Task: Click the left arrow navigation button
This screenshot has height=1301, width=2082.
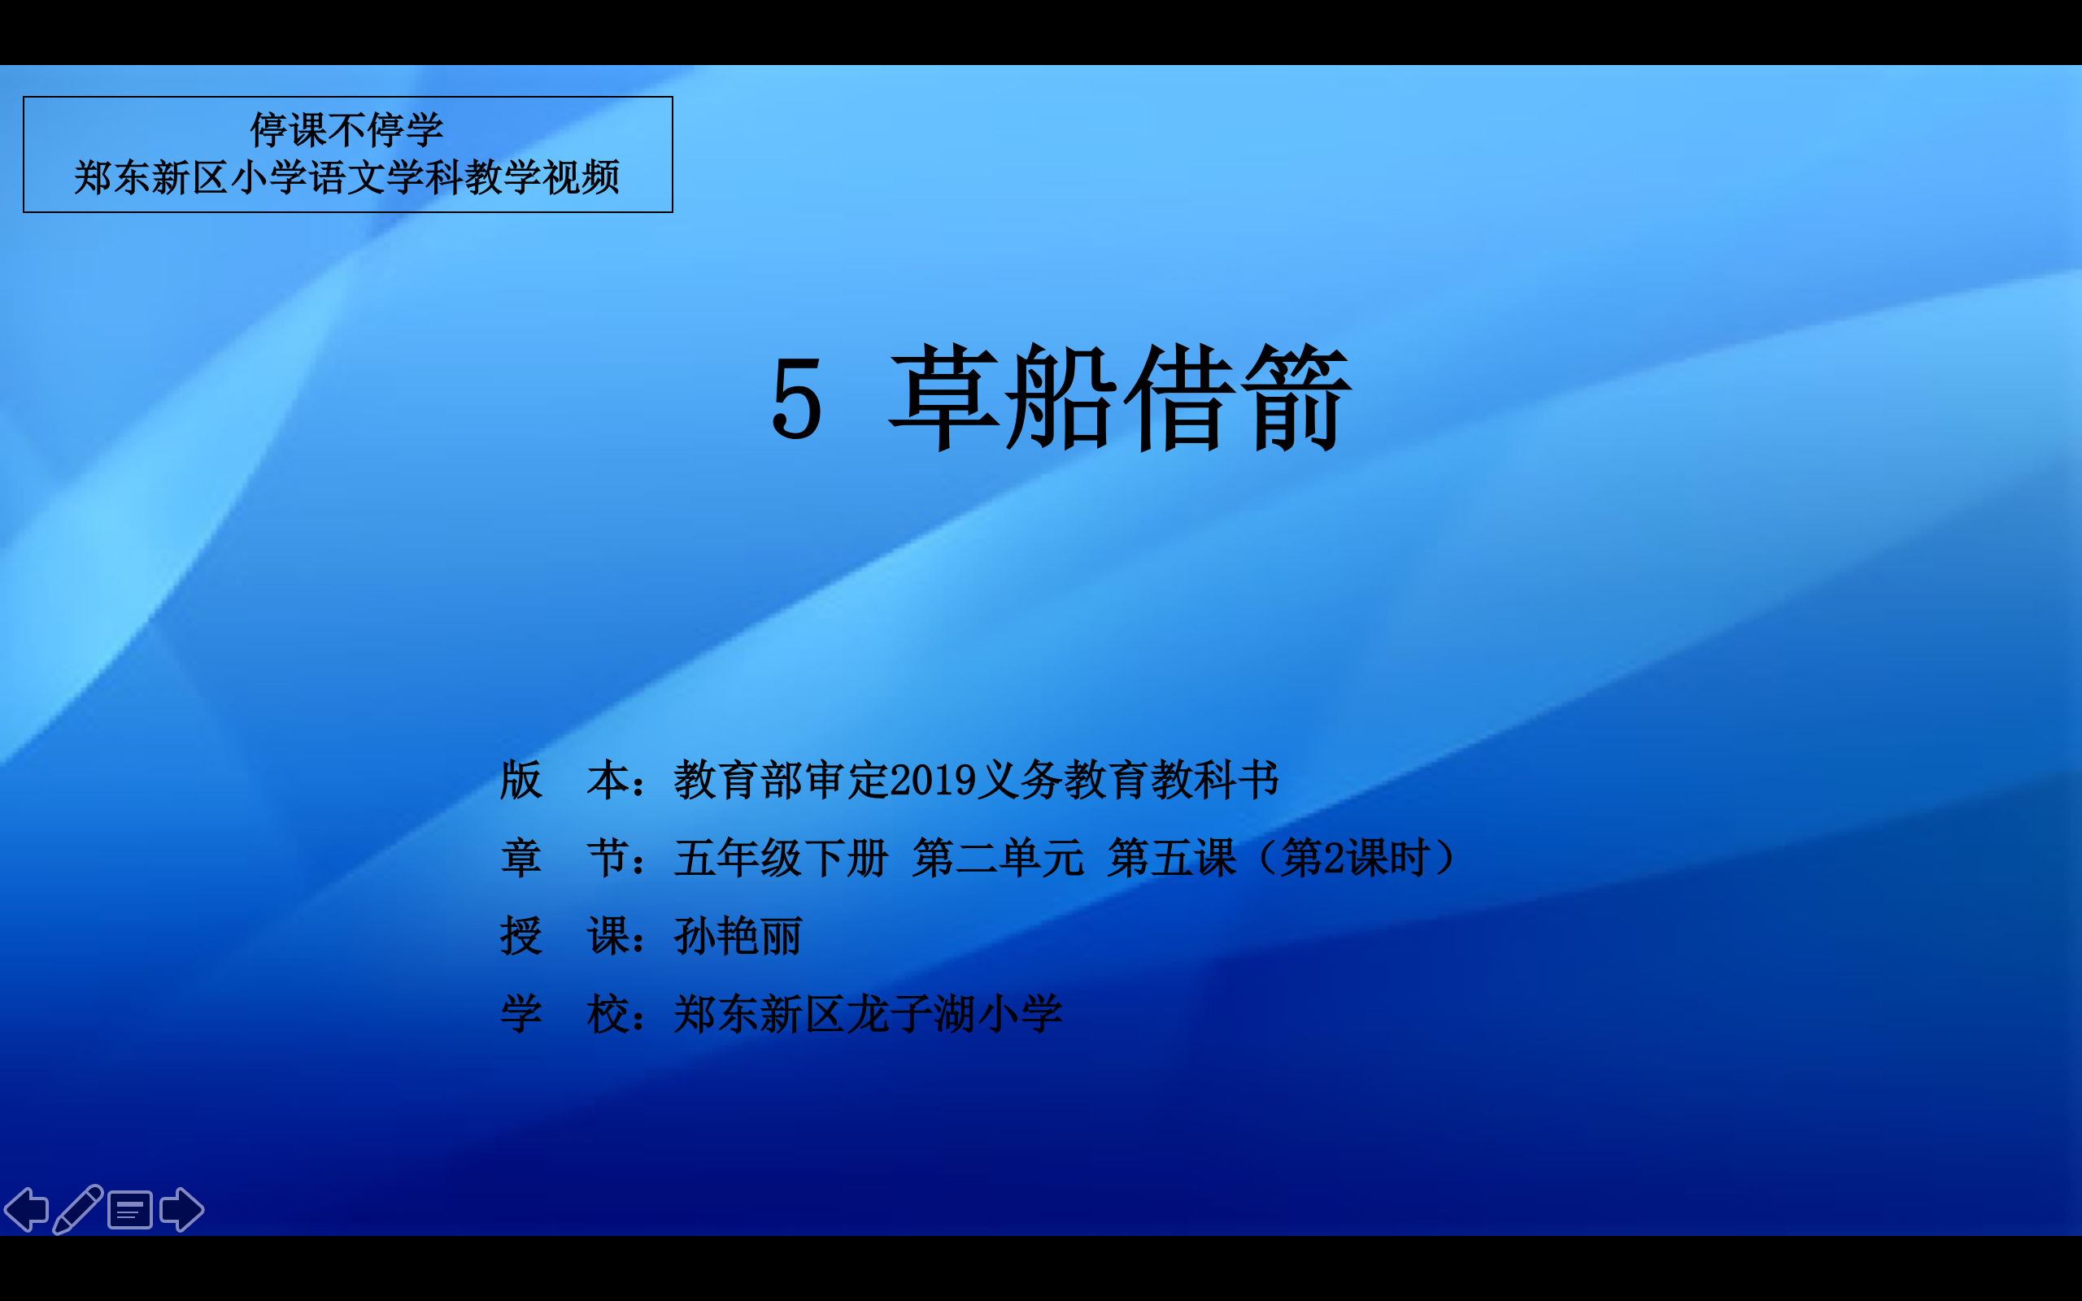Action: click(x=26, y=1210)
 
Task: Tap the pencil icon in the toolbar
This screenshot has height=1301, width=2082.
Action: click(x=77, y=1210)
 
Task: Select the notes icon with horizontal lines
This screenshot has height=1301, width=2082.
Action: click(x=130, y=1211)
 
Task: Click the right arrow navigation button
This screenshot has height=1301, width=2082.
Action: click(x=181, y=1210)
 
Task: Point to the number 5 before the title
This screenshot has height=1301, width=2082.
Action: click(x=797, y=399)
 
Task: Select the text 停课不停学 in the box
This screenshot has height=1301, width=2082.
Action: click(x=346, y=130)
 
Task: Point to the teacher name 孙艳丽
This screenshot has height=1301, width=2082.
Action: click(x=738, y=936)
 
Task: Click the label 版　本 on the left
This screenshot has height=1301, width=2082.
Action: click(x=564, y=781)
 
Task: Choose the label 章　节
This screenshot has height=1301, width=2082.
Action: click(x=564, y=858)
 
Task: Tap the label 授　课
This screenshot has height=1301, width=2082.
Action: click(x=564, y=936)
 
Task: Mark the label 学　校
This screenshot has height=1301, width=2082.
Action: click(x=564, y=1014)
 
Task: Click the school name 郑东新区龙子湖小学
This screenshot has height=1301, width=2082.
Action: click(x=868, y=1014)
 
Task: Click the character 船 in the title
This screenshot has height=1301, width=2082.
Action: click(x=1061, y=398)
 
